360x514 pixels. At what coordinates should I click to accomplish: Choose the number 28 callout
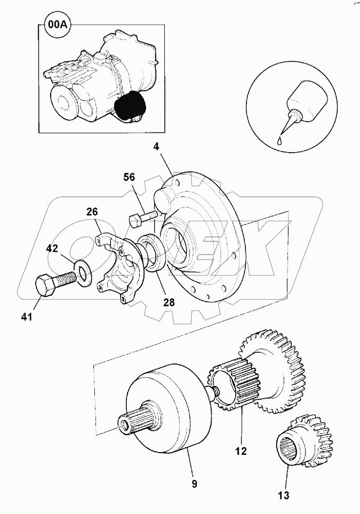pyautogui.click(x=169, y=302)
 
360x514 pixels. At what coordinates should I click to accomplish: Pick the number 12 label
pyautogui.click(x=241, y=451)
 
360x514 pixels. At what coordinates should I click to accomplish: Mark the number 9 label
pyautogui.click(x=195, y=484)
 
